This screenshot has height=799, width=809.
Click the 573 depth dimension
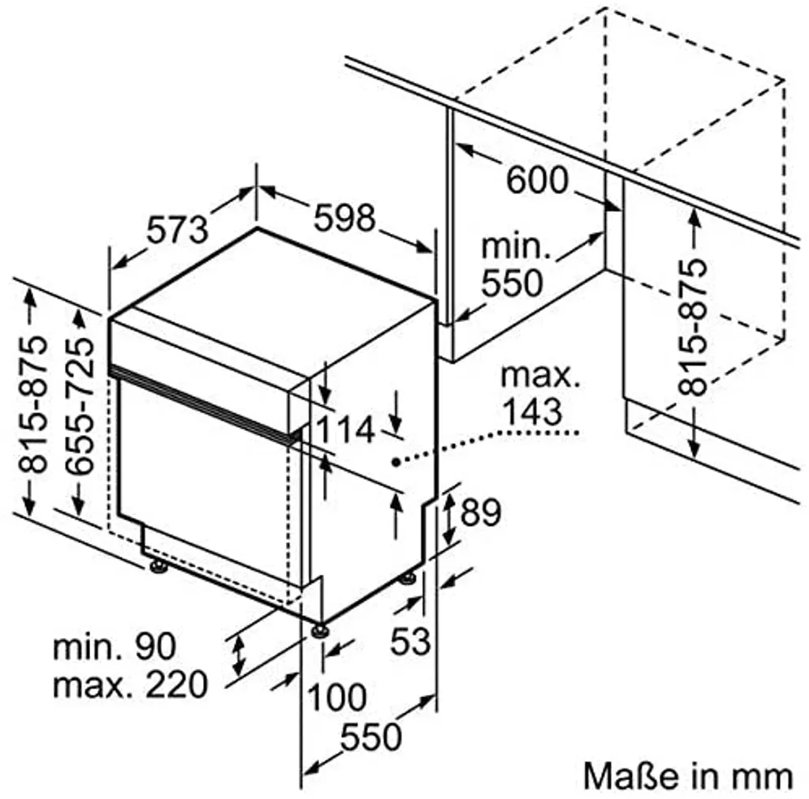coord(178,230)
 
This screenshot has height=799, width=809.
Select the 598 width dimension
coord(344,218)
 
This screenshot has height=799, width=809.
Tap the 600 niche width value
coord(537,181)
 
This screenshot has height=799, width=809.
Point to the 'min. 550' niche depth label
coord(514,265)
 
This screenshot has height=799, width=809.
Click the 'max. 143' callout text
coord(540,394)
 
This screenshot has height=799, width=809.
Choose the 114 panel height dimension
coord(344,430)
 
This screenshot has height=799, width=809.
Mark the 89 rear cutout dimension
coord(480,512)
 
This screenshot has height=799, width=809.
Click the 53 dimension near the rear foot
coord(411,642)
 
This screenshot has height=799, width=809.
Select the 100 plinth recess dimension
coord(337,697)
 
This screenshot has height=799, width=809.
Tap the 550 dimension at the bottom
coord(371,737)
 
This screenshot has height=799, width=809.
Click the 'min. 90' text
coord(115,646)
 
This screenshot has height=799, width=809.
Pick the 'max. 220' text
coord(130,685)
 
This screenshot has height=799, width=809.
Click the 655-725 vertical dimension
coord(80,406)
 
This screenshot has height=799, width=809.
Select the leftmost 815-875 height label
coord(33,404)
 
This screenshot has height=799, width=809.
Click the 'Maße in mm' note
coord(688,775)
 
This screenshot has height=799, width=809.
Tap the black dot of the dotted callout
coord(396,462)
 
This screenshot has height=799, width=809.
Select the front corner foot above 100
coord(320,631)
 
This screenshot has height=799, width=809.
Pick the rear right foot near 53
coord(408,579)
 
